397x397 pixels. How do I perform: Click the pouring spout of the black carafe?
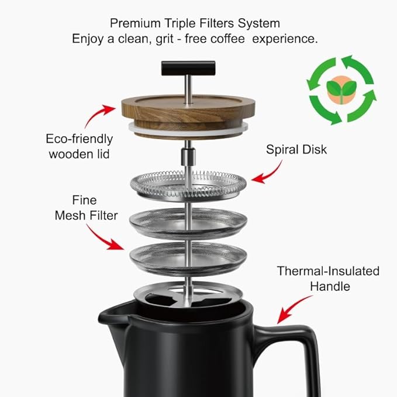coord(111,316)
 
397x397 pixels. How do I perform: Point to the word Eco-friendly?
coord(79,139)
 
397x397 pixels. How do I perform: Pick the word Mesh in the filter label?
coord(70,216)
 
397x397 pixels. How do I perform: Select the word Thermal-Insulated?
coord(328,271)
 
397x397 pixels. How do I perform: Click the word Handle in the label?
coord(330,286)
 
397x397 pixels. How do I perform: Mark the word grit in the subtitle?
coord(170,39)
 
